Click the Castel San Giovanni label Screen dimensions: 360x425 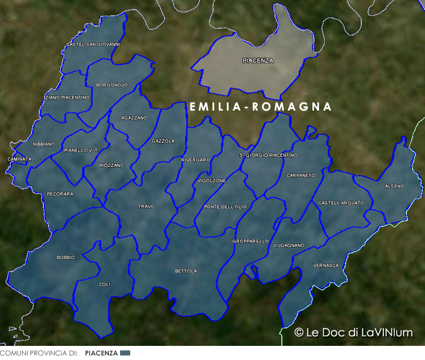pos(93,44)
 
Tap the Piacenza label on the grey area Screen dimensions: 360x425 pos(258,60)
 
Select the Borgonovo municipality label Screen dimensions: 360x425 pos(112,85)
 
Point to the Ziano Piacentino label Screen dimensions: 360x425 pos(67,98)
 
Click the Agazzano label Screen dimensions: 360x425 pos(134,118)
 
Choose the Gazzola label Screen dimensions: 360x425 pos(163,141)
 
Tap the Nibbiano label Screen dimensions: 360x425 pos(44,144)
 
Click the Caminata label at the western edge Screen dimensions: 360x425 pos(20,159)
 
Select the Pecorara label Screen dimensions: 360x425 pos(60,194)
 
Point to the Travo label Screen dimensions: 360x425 pos(146,207)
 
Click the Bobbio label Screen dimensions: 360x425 pos(65,257)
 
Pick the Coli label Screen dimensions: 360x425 pos(104,284)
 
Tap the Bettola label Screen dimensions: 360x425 pos(186,271)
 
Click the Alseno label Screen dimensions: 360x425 pos(394,186)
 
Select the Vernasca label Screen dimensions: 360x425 pos(326,265)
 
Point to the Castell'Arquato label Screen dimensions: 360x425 pos(341,203)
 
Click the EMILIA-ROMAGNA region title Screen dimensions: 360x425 pos(260,107)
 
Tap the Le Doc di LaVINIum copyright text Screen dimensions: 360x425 pos(353,332)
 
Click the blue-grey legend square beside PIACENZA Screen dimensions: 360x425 pos(125,353)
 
